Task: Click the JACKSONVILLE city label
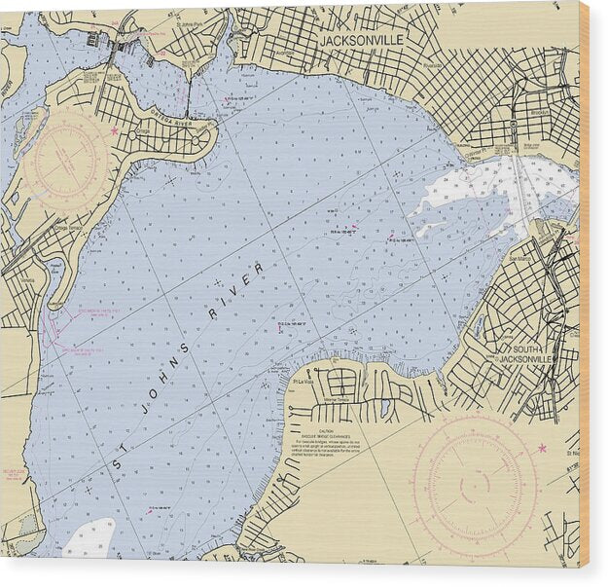tap(358, 41)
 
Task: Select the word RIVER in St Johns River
tap(234, 291)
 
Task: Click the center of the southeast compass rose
tap(475, 482)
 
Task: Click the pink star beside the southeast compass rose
tap(542, 448)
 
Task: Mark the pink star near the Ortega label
tap(114, 130)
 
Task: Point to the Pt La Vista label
tap(301, 382)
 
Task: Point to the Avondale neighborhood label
tap(284, 54)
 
